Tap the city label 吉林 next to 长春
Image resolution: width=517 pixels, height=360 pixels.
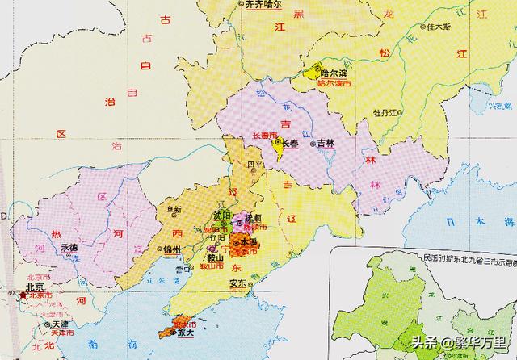(x=325, y=142)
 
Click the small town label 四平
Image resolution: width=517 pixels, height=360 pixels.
(x=255, y=165)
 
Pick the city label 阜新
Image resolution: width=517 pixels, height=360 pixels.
(x=174, y=210)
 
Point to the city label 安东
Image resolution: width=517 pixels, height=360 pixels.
(x=237, y=284)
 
